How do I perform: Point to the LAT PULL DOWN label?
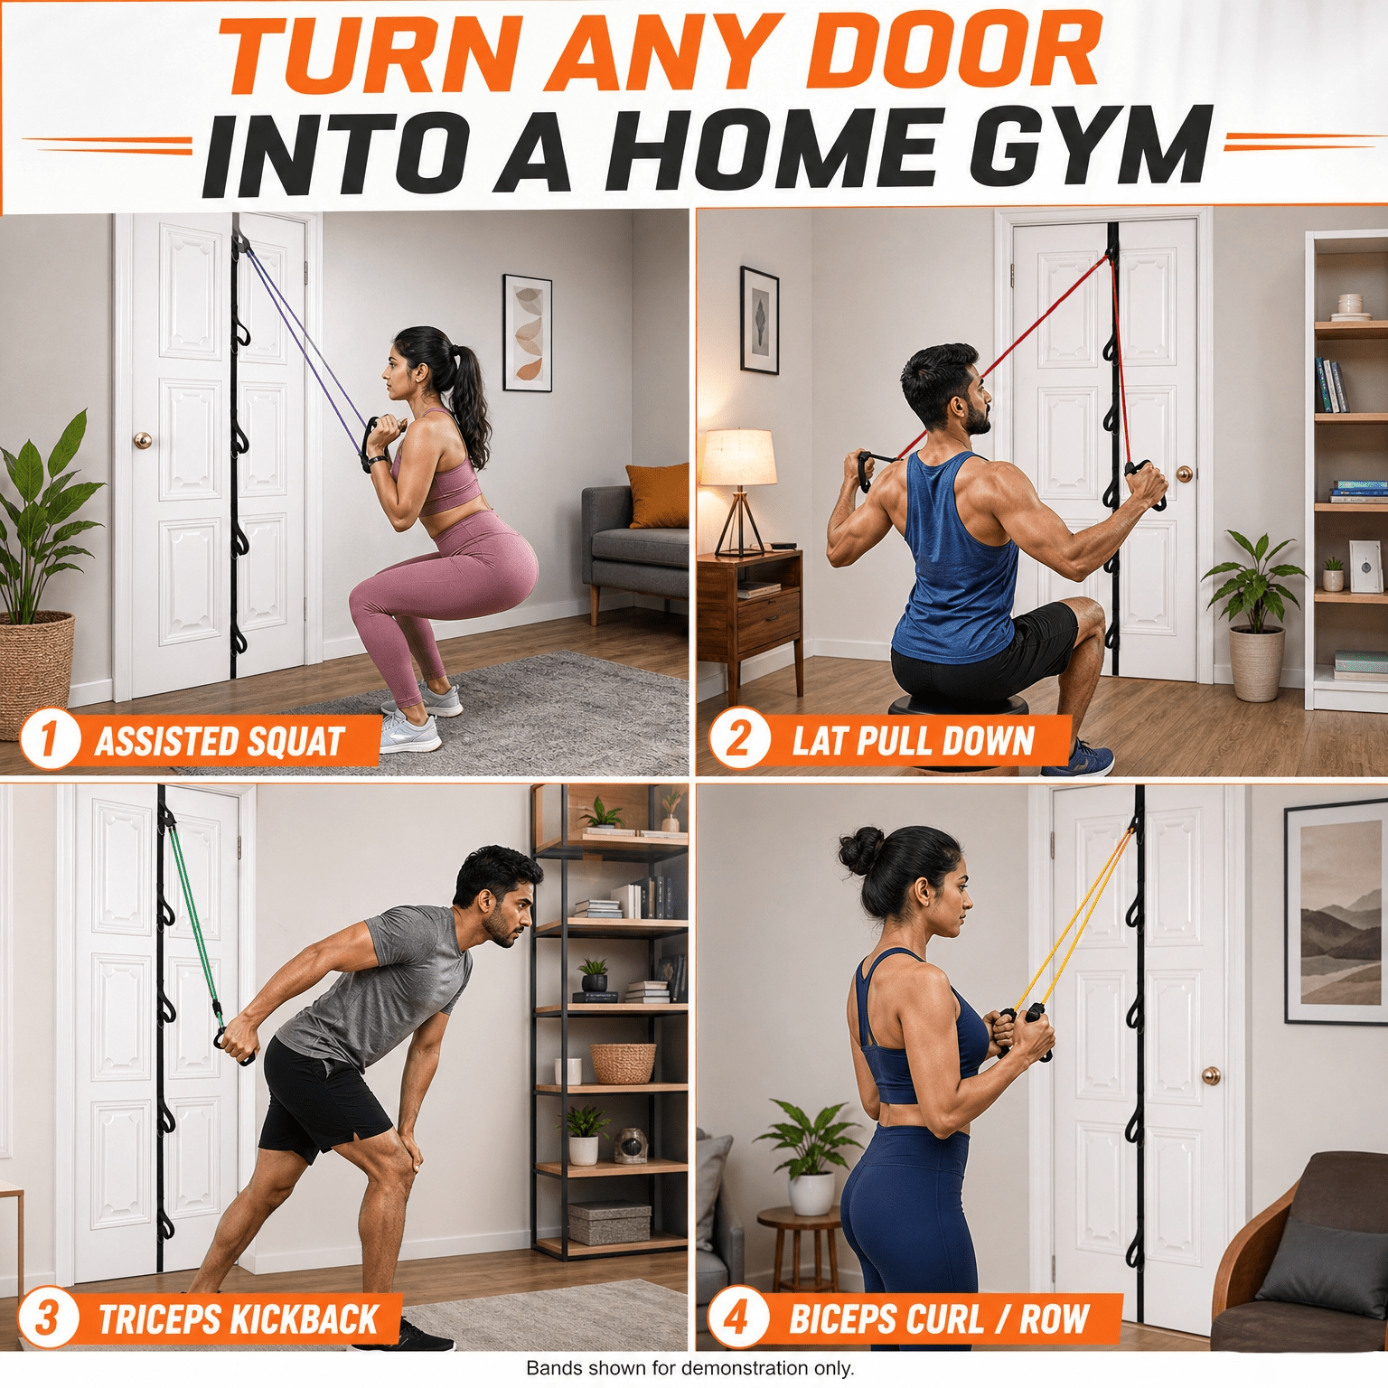(913, 741)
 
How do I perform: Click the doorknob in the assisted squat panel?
(143, 440)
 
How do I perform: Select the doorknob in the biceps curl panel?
(1212, 1075)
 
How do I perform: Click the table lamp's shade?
(738, 458)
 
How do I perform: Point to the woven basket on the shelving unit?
(623, 1063)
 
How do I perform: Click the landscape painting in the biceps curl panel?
(1336, 912)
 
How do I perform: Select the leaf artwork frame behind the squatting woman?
(528, 333)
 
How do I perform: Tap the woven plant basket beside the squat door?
(36, 673)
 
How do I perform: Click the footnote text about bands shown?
(689, 1368)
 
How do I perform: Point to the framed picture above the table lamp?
(759, 321)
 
